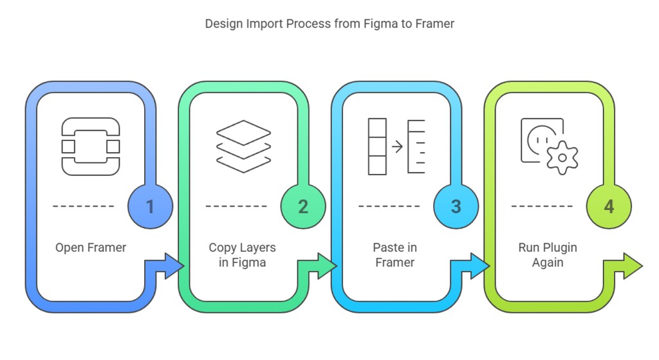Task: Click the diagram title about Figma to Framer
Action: click(x=329, y=24)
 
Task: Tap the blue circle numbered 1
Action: click(x=151, y=207)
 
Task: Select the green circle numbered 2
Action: click(x=303, y=207)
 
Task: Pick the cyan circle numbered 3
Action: click(x=456, y=207)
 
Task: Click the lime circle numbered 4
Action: click(x=609, y=207)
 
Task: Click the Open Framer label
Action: click(x=91, y=247)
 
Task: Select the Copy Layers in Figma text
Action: click(x=242, y=255)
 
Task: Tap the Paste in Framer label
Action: click(x=394, y=255)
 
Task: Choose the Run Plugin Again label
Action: click(x=548, y=255)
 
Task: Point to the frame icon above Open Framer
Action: click(x=91, y=146)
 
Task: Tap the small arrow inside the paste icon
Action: click(x=397, y=147)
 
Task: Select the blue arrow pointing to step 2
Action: click(x=167, y=266)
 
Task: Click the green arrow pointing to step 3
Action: click(x=319, y=266)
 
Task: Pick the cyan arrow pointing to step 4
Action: click(x=472, y=266)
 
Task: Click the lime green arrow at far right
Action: click(x=625, y=266)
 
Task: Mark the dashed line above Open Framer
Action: click(x=83, y=207)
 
